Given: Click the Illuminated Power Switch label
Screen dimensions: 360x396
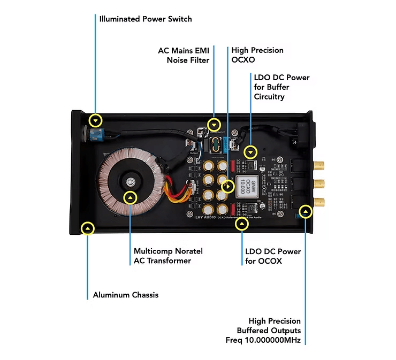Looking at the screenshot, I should pos(145,19).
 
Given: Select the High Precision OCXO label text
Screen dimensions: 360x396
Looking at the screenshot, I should pos(257,55).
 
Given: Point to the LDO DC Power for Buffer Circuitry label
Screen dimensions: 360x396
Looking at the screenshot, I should pos(281,87).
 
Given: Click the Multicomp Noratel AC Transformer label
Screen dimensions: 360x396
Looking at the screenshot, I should pos(168,256).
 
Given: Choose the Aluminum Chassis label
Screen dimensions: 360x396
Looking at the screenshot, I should pos(125,295).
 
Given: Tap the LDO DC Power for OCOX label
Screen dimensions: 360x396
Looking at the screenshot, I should pos(273,256).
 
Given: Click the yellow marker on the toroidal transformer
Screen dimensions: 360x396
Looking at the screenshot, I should pos(130,198).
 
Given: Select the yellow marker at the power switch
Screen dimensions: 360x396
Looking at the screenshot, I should pos(95,120).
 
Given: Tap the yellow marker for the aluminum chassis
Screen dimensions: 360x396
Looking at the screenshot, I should pos(88,229).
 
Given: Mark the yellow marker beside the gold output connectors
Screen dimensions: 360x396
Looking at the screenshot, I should pos(305,211).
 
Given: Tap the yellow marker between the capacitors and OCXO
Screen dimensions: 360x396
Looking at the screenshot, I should pos(229,187).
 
